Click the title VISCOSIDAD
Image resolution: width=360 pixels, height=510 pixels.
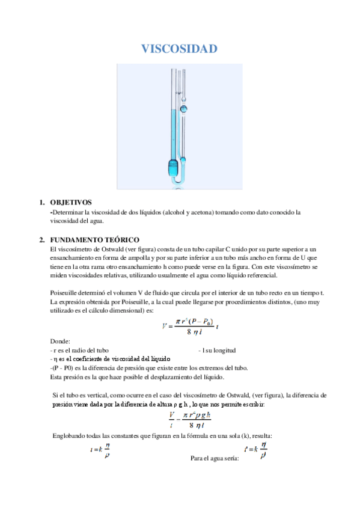point(179,49)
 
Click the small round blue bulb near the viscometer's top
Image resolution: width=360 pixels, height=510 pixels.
point(184,109)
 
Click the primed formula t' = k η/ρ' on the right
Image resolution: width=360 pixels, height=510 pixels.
point(255,450)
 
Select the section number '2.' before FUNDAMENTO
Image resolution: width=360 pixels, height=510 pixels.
point(42,239)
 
